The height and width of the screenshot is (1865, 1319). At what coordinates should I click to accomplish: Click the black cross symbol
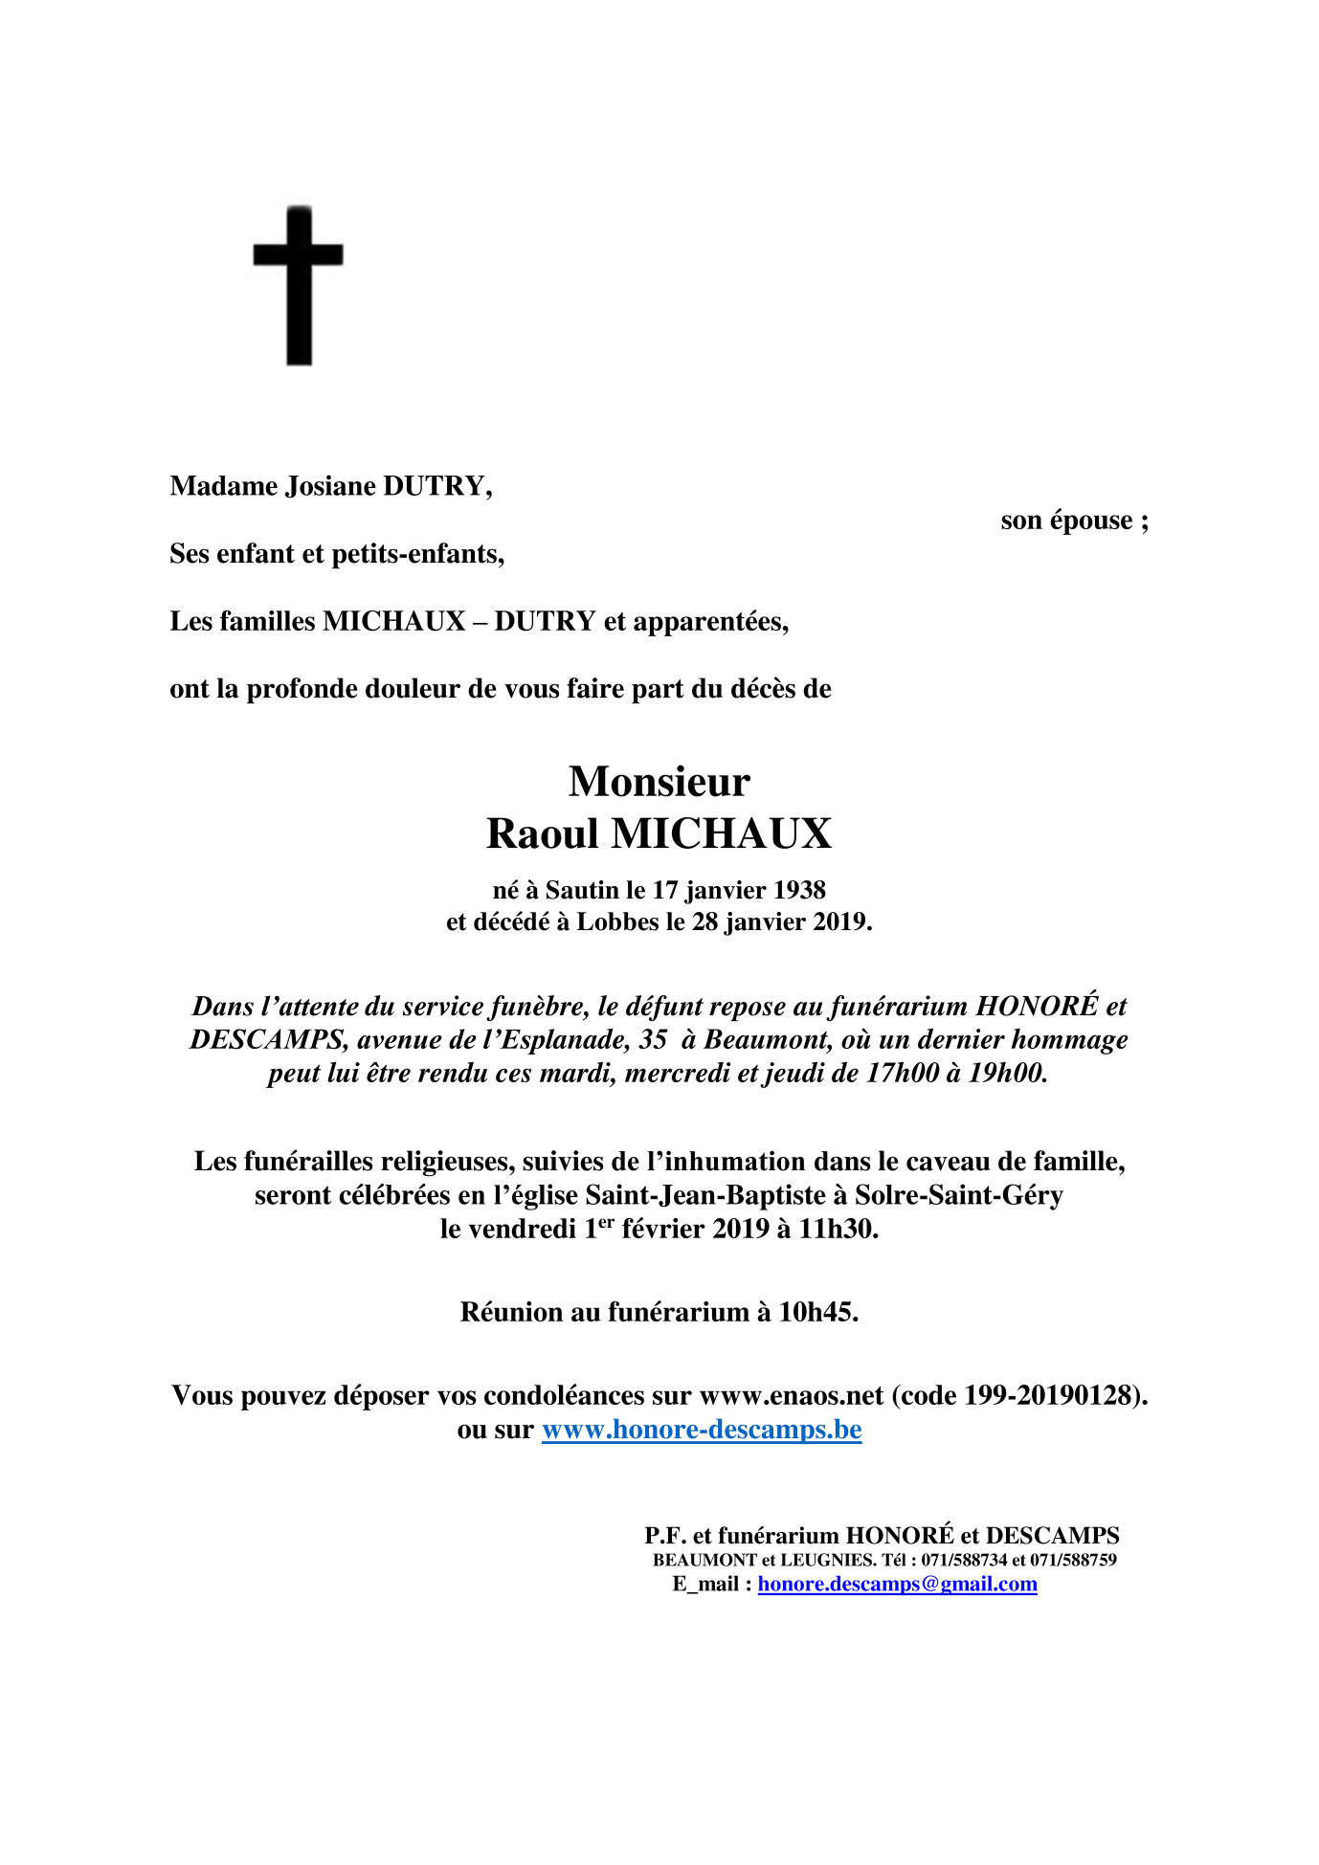(299, 284)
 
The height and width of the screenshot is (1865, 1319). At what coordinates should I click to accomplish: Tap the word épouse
(1091, 522)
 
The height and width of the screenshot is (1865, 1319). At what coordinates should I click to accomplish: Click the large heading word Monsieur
(659, 782)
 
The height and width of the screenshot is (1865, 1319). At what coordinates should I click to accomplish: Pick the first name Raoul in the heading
(542, 833)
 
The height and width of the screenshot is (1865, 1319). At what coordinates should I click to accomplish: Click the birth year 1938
(799, 890)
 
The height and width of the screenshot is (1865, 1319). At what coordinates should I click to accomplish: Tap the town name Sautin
(582, 890)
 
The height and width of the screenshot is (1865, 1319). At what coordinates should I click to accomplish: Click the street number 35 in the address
(653, 1039)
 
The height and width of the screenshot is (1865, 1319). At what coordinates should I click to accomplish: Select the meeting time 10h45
(817, 1312)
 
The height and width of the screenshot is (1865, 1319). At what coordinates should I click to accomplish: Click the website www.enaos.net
(792, 1396)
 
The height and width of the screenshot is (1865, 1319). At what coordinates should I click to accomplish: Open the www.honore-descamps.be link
(702, 1430)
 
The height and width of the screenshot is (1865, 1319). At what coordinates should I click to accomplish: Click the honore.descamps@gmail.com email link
(897, 1584)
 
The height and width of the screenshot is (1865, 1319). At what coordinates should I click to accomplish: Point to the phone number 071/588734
(964, 1560)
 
